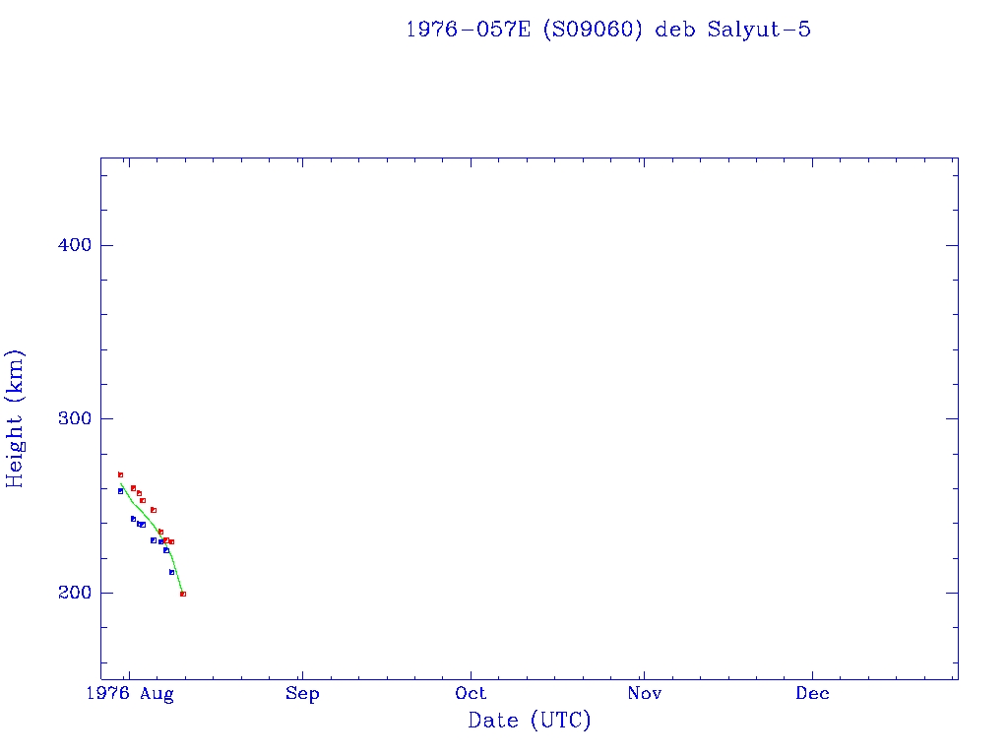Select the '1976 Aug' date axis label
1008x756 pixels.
pos(129,694)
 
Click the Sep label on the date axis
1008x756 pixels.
pos(302,694)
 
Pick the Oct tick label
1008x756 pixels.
pos(472,694)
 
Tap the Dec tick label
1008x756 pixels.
pos(813,694)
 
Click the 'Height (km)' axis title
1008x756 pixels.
pos(15,418)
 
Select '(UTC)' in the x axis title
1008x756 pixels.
pos(560,721)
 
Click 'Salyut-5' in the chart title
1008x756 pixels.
pos(759,30)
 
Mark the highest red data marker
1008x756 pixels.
pos(120,474)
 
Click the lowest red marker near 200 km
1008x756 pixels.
pos(183,594)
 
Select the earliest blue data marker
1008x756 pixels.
pos(120,490)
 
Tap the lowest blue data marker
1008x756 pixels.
pos(171,572)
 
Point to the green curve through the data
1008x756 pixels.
pos(148,514)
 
